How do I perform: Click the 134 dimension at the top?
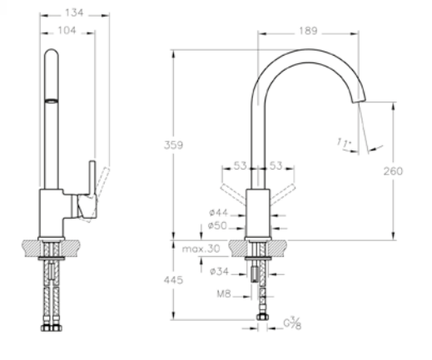tap(74, 12)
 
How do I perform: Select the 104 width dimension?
tap(67, 31)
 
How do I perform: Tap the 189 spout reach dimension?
tap(308, 31)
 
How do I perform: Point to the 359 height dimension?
tap(173, 145)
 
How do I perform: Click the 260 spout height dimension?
tap(393, 171)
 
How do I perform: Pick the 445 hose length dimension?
tap(173, 280)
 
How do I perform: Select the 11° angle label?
tap(344, 143)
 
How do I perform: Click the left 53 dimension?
tap(240, 165)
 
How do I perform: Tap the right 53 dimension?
tap(276, 165)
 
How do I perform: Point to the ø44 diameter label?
tap(218, 213)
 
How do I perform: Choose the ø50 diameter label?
tap(217, 225)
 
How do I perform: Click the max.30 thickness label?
tap(201, 249)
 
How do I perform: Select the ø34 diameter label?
tap(219, 271)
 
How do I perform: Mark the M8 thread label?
tap(224, 293)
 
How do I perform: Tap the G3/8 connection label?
tap(292, 323)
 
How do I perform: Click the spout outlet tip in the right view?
tap(360, 101)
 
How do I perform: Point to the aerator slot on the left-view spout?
tap(52, 101)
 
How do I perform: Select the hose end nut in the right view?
tap(262, 317)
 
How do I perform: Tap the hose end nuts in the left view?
tap(52, 328)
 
